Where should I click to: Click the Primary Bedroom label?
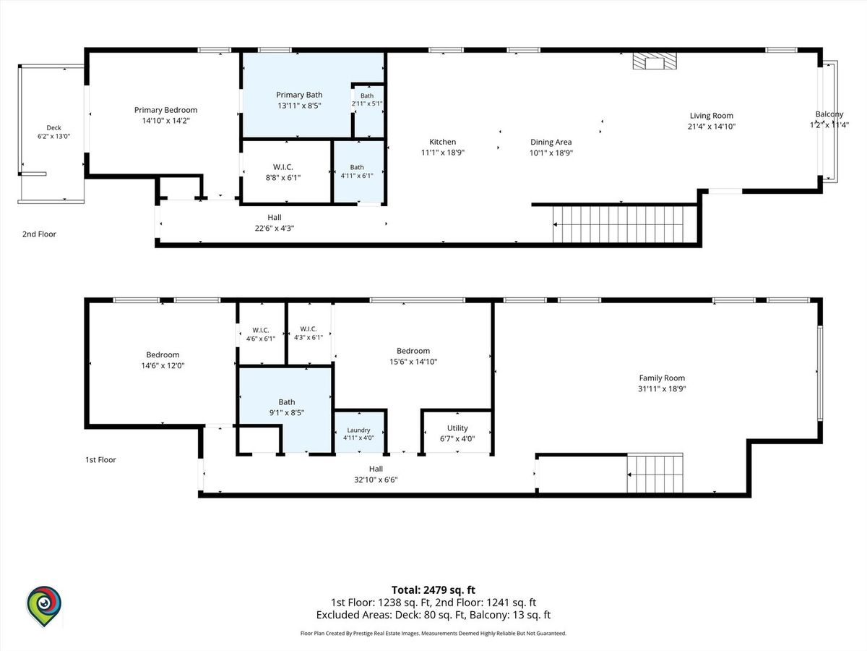tap(165, 110)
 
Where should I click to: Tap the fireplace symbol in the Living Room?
tap(655, 61)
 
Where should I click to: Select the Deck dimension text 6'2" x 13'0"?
tap(53, 137)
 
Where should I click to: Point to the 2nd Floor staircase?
tap(618, 224)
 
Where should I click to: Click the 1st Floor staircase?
tap(655, 473)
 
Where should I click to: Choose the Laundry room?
tap(358, 433)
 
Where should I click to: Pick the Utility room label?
tap(457, 428)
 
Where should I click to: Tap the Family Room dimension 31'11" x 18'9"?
tap(662, 388)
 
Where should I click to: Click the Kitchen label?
tap(442, 142)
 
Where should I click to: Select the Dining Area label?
tap(551, 142)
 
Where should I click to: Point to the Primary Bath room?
tap(297, 95)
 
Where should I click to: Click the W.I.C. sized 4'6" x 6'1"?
tap(261, 334)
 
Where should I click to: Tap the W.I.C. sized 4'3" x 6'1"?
tap(309, 333)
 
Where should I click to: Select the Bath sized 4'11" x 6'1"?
tap(358, 171)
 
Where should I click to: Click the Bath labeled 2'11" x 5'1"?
tap(368, 111)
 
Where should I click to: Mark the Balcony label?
tap(829, 114)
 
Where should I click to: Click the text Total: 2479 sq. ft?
tap(433, 590)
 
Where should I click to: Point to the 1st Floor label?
tap(100, 460)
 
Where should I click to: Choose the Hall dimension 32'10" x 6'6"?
tap(376, 480)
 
